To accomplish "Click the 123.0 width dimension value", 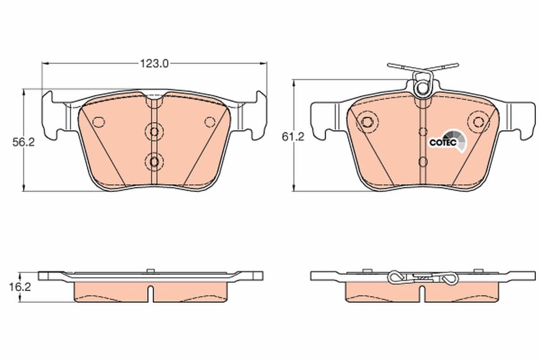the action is [x=154, y=64].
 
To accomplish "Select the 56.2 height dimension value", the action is [x=23, y=142].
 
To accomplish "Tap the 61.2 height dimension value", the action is [x=293, y=137].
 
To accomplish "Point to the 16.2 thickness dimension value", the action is [x=20, y=287].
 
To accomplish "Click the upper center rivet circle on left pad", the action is [x=154, y=132].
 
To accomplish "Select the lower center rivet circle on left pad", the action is [x=154, y=162].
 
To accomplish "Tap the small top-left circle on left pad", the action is [x=99, y=122].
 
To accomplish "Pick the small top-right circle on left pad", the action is [x=210, y=122].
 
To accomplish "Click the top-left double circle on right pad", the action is [x=367, y=122].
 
